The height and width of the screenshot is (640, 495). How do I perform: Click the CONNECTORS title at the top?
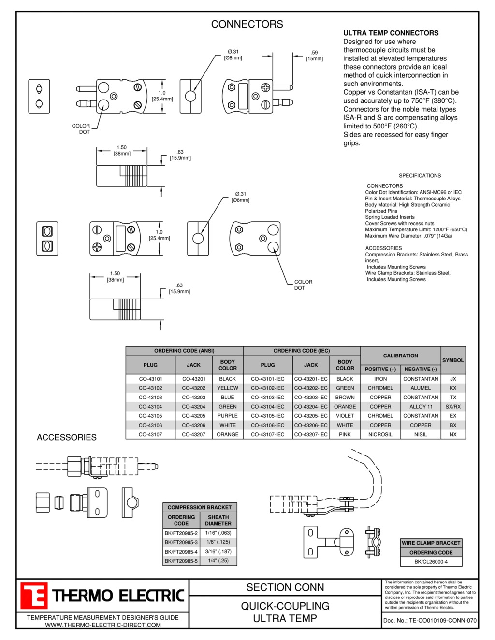[247, 24]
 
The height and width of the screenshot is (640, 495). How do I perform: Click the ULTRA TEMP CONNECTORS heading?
[391, 33]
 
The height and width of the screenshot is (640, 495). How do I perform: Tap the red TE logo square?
[33, 595]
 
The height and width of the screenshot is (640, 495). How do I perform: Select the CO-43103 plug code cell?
[150, 398]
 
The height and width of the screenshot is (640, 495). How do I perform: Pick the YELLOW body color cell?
[228, 388]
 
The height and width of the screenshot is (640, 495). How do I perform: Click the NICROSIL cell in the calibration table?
[380, 434]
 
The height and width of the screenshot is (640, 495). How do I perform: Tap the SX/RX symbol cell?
[453, 407]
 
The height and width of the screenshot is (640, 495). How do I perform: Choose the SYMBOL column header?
[453, 360]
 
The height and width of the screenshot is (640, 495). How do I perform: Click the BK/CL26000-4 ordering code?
[431, 562]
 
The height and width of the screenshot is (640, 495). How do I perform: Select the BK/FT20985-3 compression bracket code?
[181, 542]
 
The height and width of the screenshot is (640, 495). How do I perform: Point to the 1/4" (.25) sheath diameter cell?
[218, 560]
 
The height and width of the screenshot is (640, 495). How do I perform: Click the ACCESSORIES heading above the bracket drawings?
[67, 437]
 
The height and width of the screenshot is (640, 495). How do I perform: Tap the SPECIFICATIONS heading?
[420, 176]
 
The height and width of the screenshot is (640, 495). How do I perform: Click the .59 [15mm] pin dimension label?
[314, 56]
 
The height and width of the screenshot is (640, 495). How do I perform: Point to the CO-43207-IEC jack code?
[311, 434]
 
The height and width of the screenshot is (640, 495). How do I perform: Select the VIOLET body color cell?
[345, 416]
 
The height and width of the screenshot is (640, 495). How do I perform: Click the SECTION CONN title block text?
[285, 587]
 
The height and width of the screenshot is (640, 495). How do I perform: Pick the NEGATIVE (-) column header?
[421, 370]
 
